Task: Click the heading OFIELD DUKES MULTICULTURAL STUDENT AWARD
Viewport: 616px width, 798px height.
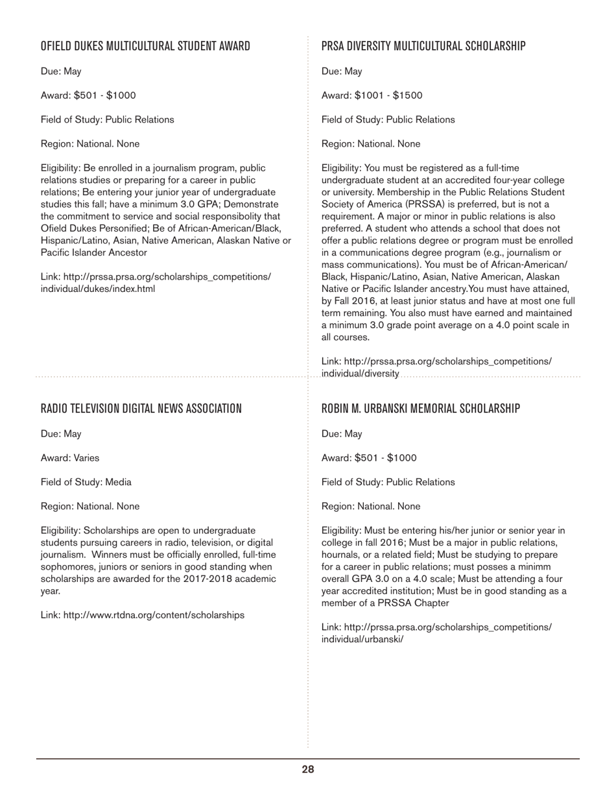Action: (x=145, y=46)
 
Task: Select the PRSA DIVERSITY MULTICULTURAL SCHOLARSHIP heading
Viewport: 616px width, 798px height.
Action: (x=423, y=46)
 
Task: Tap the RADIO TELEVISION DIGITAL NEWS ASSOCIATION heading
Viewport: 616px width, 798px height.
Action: (x=141, y=409)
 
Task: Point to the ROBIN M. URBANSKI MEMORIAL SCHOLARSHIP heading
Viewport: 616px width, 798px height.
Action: (x=420, y=409)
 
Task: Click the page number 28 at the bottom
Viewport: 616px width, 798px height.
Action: (x=307, y=770)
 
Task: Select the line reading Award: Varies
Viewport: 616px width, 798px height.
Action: (x=70, y=458)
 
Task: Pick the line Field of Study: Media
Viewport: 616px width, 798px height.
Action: (x=86, y=482)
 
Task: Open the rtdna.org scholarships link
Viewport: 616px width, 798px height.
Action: (x=154, y=615)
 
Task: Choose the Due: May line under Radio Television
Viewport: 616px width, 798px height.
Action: (x=61, y=434)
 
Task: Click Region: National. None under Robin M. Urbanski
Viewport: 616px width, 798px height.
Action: (x=370, y=507)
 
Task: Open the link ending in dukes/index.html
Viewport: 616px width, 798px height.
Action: (x=97, y=289)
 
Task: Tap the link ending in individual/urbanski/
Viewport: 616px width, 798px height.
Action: (x=362, y=639)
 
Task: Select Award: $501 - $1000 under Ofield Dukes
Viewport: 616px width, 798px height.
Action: (x=88, y=95)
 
